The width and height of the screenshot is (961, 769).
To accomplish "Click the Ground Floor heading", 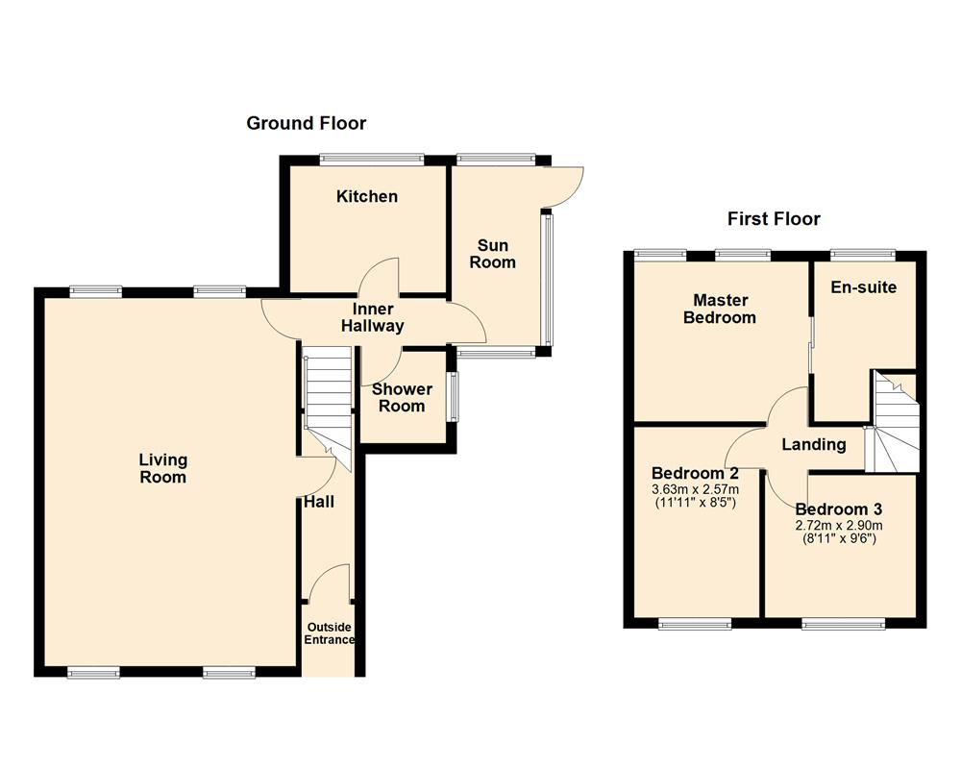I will point(307,123).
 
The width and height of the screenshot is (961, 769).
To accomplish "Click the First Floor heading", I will point(774,219).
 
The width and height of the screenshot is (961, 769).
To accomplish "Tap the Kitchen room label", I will point(366,197).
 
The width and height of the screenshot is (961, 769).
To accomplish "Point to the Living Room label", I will point(162,468).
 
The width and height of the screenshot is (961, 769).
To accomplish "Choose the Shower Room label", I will point(402,398).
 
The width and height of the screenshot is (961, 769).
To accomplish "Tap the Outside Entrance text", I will point(330,633).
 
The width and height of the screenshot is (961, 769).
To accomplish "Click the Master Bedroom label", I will point(719,310).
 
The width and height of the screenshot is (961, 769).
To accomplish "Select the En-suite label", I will point(864,287).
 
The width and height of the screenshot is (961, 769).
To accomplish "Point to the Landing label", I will point(813,445).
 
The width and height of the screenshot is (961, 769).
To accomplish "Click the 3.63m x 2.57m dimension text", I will point(694,490).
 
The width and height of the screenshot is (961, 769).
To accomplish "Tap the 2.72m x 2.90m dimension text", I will point(839,525).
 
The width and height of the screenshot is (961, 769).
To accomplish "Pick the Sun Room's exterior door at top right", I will point(565,186).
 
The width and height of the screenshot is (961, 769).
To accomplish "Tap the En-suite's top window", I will point(863,254).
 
